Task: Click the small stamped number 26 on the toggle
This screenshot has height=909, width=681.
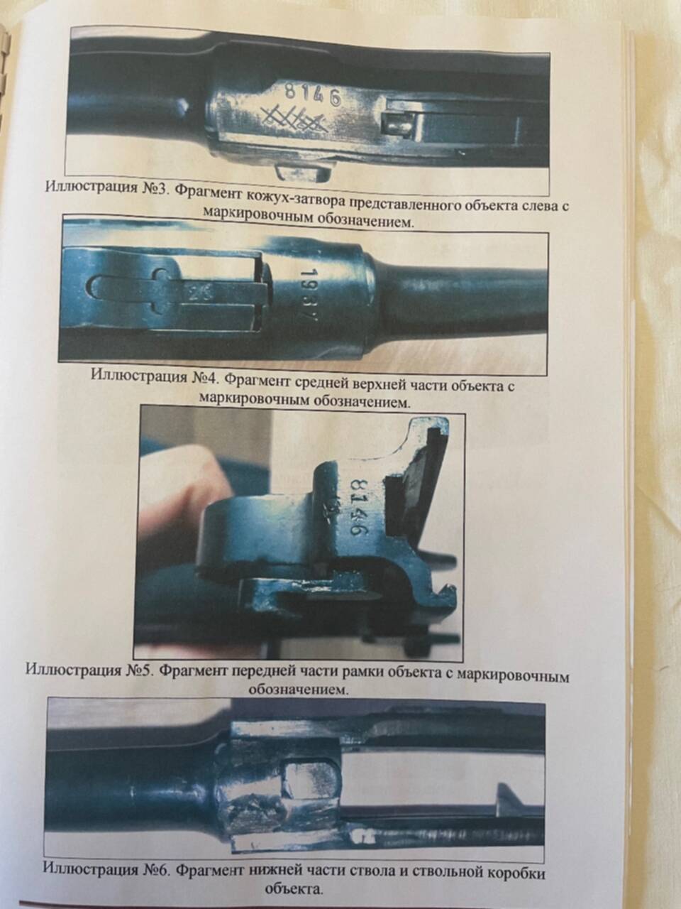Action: [198, 295]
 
